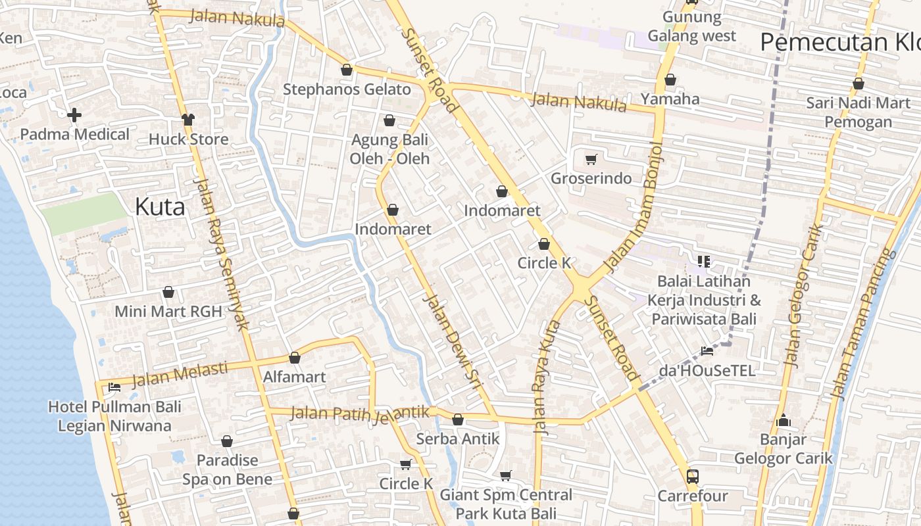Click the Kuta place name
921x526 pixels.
pyautogui.click(x=160, y=206)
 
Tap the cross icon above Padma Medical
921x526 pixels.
pyautogui.click(x=74, y=116)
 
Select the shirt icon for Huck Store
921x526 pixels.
pyautogui.click(x=189, y=119)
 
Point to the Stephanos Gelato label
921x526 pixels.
pyautogui.click(x=347, y=89)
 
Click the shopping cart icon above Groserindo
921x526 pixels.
pyautogui.click(x=591, y=159)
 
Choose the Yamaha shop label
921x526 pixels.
pyautogui.click(x=670, y=99)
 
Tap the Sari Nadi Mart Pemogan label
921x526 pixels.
pyautogui.click(x=858, y=112)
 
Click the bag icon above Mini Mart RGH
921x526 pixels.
pyautogui.click(x=168, y=292)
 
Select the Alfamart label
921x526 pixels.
pyautogui.click(x=294, y=377)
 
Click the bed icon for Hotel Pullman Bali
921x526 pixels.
pyautogui.click(x=114, y=387)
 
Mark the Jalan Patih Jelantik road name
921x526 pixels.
pyautogui.click(x=359, y=414)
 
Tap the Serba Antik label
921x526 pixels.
pyautogui.click(x=458, y=439)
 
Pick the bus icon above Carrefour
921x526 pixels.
pyautogui.click(x=692, y=476)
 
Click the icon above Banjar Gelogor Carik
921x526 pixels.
pyautogui.click(x=783, y=420)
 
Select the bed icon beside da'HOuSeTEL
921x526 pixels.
pyautogui.click(x=707, y=351)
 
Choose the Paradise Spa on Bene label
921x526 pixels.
pyautogui.click(x=227, y=469)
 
